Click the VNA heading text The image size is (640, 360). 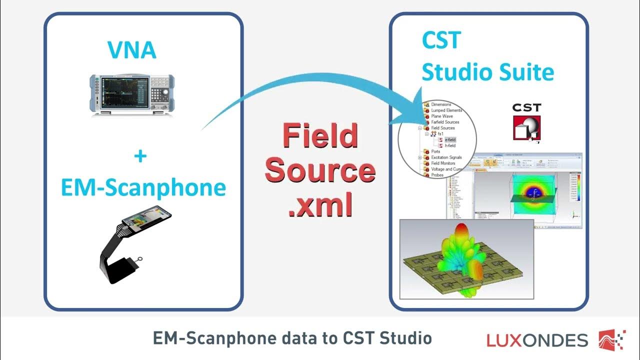click(132, 50)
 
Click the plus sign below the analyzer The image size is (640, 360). click(140, 156)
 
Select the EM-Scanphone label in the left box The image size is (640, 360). click(143, 187)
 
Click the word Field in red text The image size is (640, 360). click(320, 135)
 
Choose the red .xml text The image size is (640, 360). click(320, 204)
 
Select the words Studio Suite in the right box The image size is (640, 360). click(487, 72)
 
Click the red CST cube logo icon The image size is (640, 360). click(526, 122)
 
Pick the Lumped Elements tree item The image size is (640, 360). click(446, 110)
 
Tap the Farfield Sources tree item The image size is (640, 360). click(445, 122)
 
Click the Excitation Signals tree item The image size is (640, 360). click(446, 157)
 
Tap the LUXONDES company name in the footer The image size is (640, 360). click(537, 340)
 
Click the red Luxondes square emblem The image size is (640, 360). click(611, 339)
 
